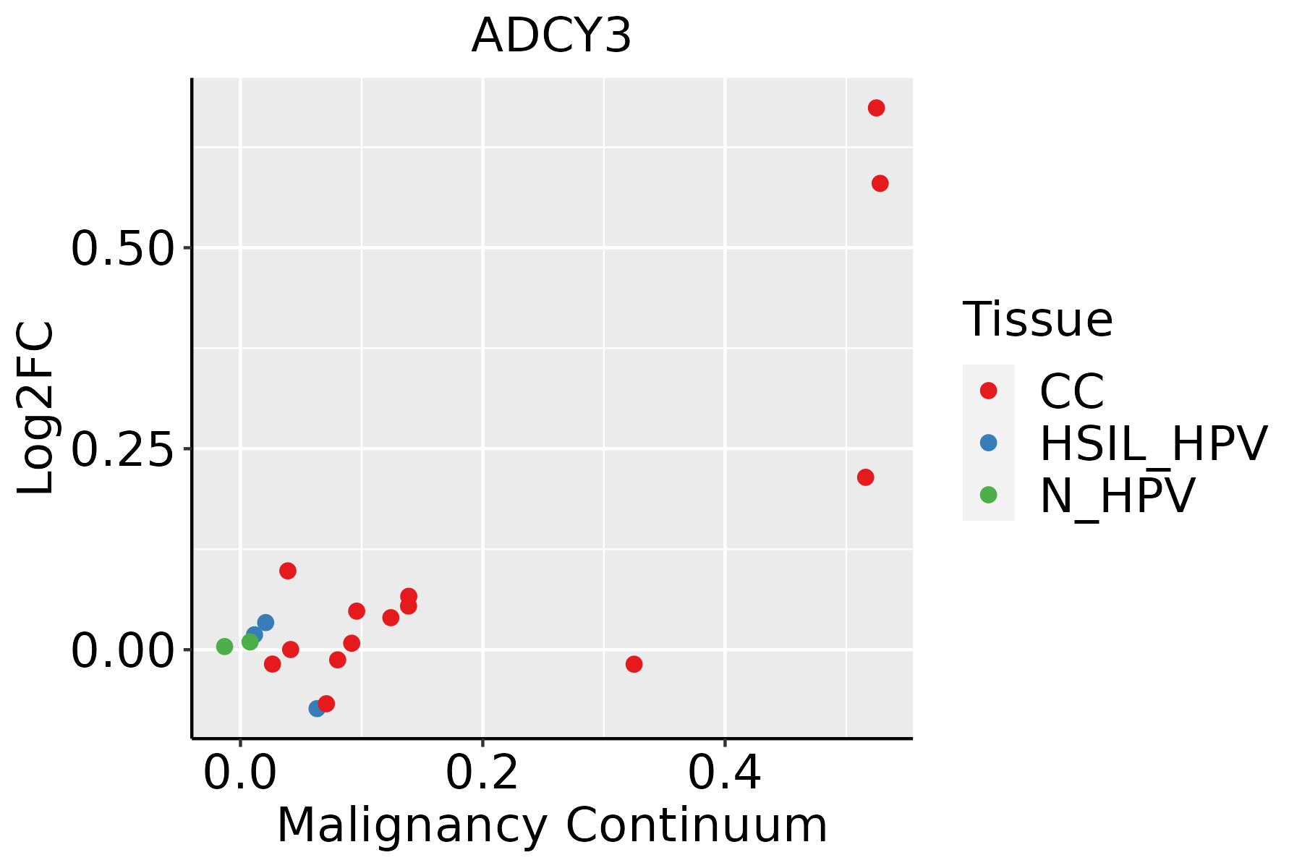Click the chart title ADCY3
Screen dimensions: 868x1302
pos(551,36)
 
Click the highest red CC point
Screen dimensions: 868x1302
pos(876,108)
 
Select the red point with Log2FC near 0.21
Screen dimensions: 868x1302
pos(865,477)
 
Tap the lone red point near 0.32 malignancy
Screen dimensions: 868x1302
pos(634,664)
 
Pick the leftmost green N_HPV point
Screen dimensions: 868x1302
pos(225,646)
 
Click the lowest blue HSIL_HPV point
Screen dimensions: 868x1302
pos(317,708)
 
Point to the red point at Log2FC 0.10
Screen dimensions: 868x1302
pos(288,571)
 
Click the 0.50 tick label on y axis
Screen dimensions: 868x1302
pos(123,249)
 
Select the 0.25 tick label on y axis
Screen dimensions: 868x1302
pos(123,450)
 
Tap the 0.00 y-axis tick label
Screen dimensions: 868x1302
pos(123,651)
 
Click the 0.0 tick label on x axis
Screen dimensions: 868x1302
pos(240,773)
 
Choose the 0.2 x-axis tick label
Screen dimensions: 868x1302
pos(482,773)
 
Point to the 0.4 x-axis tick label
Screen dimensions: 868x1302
pos(724,773)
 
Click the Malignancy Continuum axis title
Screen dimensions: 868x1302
pos(552,825)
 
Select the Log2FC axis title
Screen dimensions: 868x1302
pos(36,408)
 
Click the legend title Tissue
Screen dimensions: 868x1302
pos(1037,319)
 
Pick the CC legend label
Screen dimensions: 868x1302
pos(1071,391)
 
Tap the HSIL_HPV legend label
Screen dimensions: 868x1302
pos(1153,443)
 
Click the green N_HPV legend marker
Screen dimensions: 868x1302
pos(988,495)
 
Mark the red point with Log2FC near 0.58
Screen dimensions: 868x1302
pos(880,184)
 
